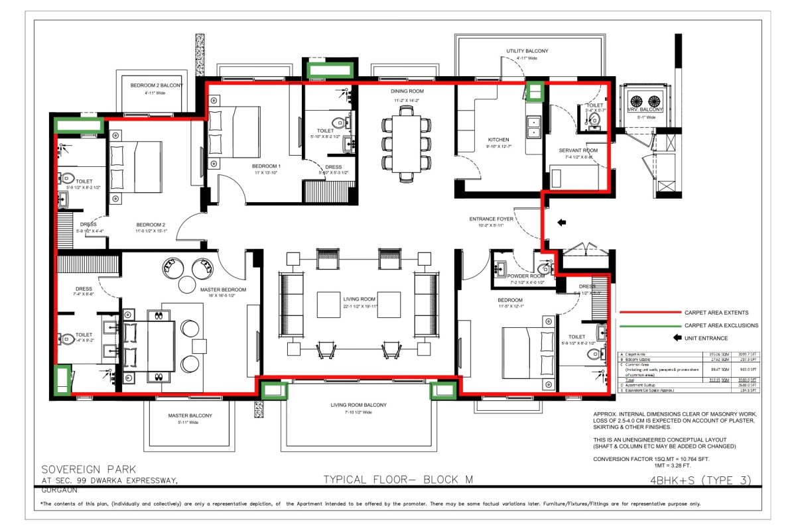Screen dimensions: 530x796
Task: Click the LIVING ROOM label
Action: coord(360,299)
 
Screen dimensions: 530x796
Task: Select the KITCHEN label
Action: coord(498,140)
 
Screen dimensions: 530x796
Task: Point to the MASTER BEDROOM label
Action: coord(223,290)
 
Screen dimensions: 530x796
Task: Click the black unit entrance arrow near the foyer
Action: coord(562,223)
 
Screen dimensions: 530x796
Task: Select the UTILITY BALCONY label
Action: coord(527,51)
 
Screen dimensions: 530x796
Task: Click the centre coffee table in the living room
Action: coord(359,305)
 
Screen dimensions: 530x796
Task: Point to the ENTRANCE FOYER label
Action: coord(492,219)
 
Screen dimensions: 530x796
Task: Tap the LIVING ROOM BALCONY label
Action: coord(358,405)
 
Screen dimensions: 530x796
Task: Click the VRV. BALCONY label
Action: coord(645,109)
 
